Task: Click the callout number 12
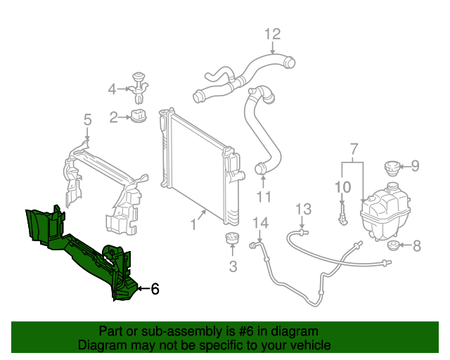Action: (272, 33)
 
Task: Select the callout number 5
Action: (87, 120)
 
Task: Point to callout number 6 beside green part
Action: (155, 288)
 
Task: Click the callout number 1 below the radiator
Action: (192, 226)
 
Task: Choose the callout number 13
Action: (302, 209)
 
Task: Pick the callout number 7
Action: (354, 148)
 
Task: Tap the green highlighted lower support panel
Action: (77, 246)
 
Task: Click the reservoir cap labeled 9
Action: (392, 168)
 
